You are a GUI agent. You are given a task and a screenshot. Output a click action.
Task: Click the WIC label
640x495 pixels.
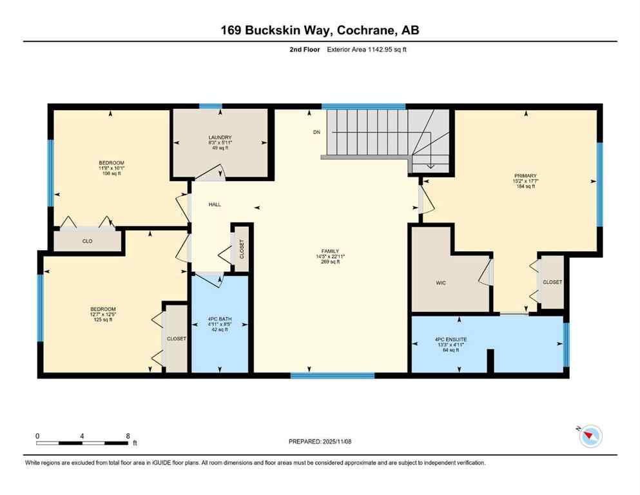click(x=441, y=282)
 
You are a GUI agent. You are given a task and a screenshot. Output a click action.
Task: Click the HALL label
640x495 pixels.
click(x=215, y=204)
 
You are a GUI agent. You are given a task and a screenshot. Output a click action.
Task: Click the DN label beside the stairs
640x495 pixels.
click(x=316, y=132)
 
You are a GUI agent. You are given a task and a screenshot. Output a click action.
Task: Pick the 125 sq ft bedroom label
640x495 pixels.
click(x=103, y=315)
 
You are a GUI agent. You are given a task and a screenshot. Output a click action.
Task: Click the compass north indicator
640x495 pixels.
click(x=590, y=436)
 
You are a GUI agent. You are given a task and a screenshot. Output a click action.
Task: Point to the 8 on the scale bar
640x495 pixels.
click(x=128, y=436)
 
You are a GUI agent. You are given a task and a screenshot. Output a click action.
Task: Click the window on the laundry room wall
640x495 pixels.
click(x=210, y=106)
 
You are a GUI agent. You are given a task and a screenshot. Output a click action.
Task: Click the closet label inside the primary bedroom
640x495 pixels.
click(x=552, y=282)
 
